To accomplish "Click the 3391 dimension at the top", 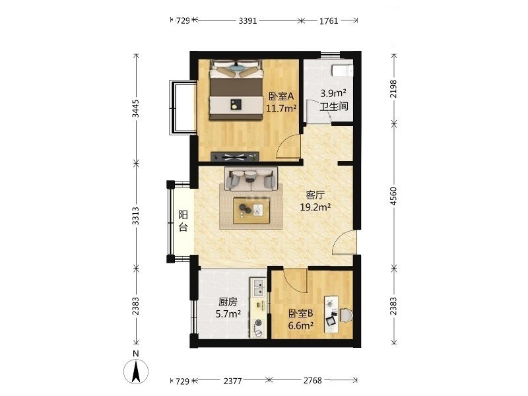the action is pyautogui.click(x=247, y=21).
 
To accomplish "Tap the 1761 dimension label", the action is pyautogui.click(x=328, y=21).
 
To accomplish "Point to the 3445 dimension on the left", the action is pyautogui.click(x=135, y=108).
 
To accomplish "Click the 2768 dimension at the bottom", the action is pyautogui.click(x=312, y=381).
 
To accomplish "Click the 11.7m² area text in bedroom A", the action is pyautogui.click(x=281, y=108).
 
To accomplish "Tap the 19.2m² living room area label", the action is pyautogui.click(x=315, y=207).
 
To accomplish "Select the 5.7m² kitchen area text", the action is pyautogui.click(x=228, y=314).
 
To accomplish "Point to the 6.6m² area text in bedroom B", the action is pyautogui.click(x=301, y=325).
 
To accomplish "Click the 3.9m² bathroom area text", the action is pyautogui.click(x=333, y=93).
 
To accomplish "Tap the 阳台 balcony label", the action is pyautogui.click(x=183, y=221).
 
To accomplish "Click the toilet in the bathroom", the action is pyautogui.click(x=342, y=71).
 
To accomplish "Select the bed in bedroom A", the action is pyautogui.click(x=236, y=90).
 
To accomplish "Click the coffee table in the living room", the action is pyautogui.click(x=252, y=210).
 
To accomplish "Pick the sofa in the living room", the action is pyautogui.click(x=251, y=178).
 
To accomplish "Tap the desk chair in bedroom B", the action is pyautogui.click(x=346, y=315).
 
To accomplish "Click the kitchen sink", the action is pyautogui.click(x=258, y=287).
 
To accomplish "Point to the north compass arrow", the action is pyautogui.click(x=136, y=372).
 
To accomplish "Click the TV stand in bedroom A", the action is pyautogui.click(x=235, y=156).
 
